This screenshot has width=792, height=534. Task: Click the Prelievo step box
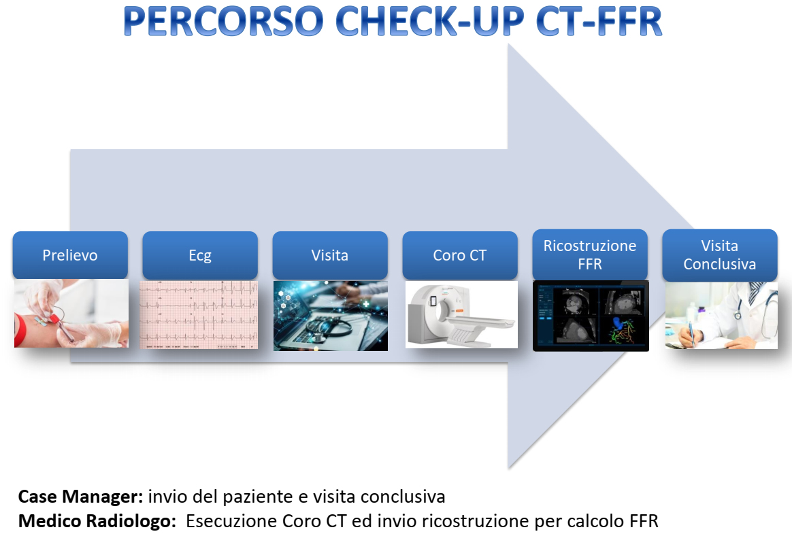70,255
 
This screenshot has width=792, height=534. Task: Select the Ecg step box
200,255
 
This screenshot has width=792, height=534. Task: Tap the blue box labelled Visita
330,255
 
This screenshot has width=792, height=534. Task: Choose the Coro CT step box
460,255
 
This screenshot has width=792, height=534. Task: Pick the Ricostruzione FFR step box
590,254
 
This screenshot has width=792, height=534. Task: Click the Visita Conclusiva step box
720,254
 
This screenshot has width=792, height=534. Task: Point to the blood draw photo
71,314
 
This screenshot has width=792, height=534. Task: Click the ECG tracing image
199,315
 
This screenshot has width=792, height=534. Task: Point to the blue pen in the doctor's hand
691,333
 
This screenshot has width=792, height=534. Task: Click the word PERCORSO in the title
223,21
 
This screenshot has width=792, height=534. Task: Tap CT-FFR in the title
599,21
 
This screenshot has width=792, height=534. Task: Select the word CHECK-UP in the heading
430,21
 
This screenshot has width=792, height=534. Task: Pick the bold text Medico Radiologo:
97,521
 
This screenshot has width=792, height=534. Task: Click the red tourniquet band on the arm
20,330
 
